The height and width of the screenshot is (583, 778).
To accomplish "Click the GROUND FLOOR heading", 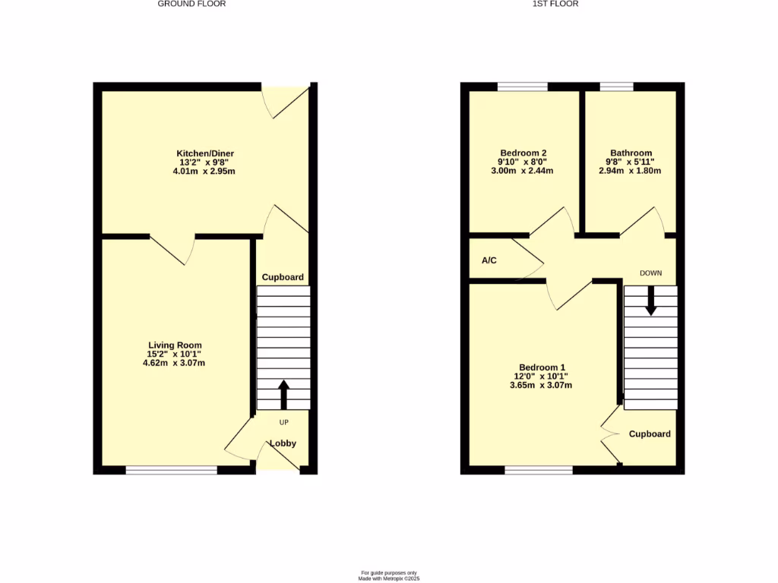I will tap(191, 4).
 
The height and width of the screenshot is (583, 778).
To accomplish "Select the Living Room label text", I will tap(174, 345).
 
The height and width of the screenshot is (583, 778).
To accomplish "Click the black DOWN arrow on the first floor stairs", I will tap(651, 300).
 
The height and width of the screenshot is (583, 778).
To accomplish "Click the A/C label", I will tap(489, 261).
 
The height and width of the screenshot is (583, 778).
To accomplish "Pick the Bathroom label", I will tap(631, 153).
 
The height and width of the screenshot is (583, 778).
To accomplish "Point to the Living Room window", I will tap(172, 470).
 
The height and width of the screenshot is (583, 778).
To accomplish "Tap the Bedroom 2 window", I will tap(523, 87).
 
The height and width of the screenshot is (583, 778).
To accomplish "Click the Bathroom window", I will tap(616, 87).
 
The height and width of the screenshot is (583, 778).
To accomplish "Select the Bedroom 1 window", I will tap(539, 470).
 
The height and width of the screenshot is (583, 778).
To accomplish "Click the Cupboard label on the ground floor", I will tap(283, 278).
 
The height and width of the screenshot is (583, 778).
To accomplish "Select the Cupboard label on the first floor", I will tap(650, 434).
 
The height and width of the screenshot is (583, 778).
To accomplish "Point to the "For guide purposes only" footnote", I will tap(389, 572).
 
